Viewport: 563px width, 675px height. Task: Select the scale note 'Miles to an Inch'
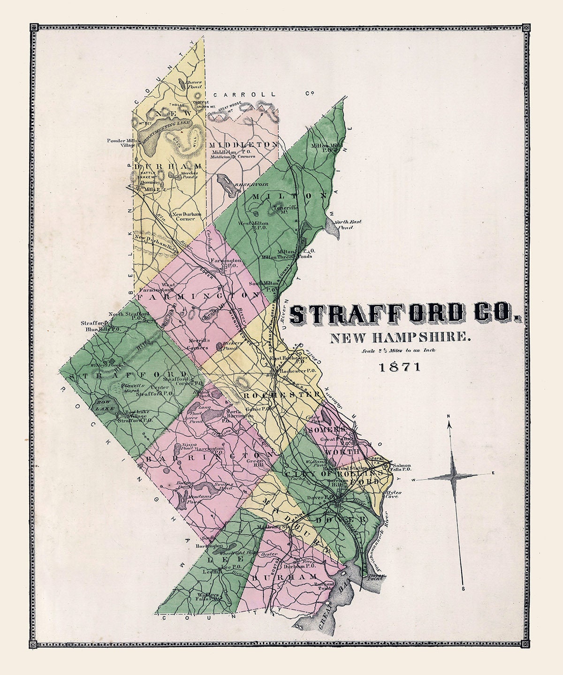point(399,351)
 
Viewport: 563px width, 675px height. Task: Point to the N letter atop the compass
point(449,416)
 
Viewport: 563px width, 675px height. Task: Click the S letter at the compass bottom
point(463,588)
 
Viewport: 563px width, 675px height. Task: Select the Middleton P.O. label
point(232,152)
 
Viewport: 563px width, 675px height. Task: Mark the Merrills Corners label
point(198,345)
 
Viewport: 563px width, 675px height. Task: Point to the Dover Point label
point(376,577)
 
